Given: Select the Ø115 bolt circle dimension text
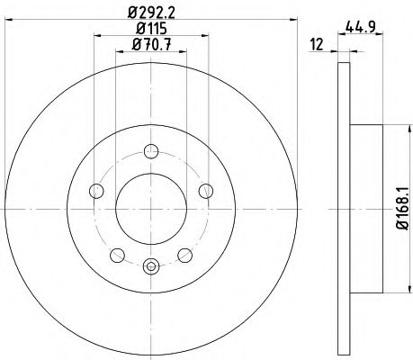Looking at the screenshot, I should coord(151,29).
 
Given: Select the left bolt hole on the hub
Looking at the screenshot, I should coord(95,189).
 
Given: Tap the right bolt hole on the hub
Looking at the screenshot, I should coord(206,189).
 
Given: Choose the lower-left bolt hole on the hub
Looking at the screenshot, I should coord(116,254).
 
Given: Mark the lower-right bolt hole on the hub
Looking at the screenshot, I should coord(185,254).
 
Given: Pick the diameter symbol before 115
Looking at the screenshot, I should coord(136,29).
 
